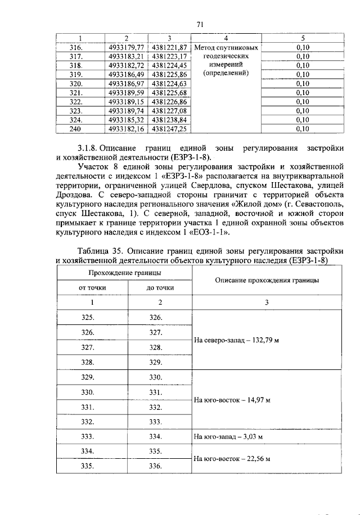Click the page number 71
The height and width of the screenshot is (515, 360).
coord(199,24)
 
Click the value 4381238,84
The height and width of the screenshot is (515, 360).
coord(168,120)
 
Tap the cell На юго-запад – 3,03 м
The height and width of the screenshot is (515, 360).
coord(228,436)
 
